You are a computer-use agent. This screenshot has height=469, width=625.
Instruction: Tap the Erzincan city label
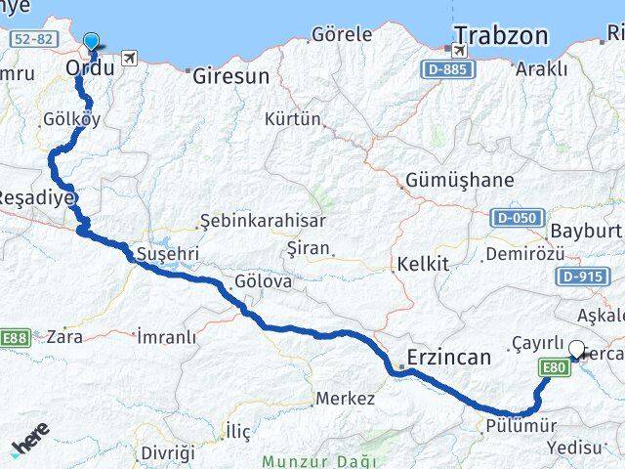tap(448, 358)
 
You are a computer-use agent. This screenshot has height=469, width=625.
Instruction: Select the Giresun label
tap(230, 74)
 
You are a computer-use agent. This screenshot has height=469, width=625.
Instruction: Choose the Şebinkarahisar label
tap(262, 221)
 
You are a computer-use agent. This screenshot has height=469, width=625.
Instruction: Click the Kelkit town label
tap(423, 264)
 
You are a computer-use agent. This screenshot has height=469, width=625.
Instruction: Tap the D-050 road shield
tap(517, 217)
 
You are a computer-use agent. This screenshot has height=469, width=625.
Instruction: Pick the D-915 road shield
tap(584, 277)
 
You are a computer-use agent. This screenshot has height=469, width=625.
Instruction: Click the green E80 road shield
tap(555, 367)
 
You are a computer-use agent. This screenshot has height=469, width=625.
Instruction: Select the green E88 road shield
tap(14, 338)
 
